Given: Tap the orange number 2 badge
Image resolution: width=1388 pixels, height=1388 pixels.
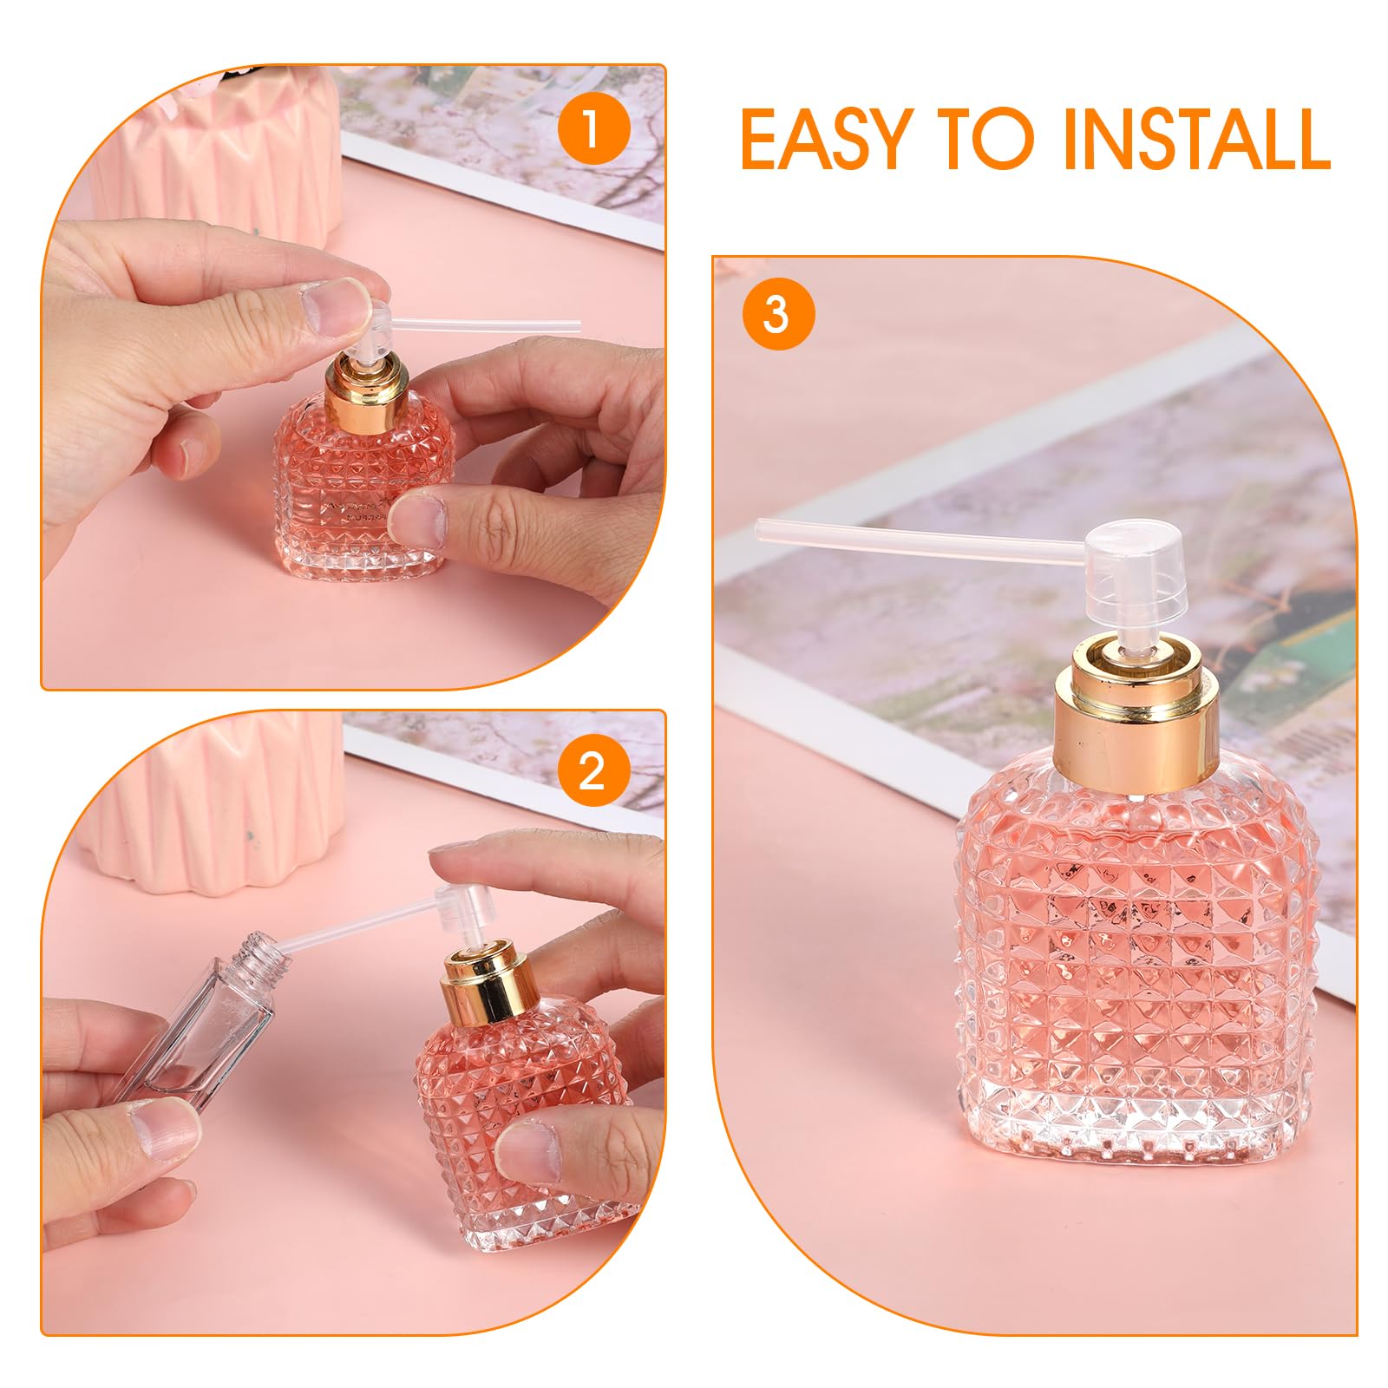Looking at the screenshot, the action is pos(592,769).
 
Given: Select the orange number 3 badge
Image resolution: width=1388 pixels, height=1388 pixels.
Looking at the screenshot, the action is pos(777,314).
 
